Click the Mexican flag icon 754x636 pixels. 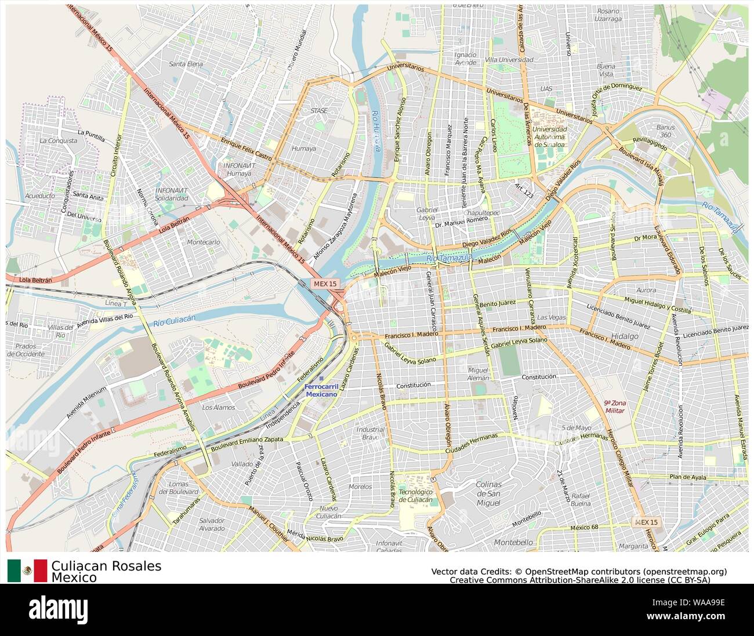(27, 570)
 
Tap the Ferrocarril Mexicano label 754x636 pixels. (321, 390)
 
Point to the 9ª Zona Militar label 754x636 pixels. (615, 406)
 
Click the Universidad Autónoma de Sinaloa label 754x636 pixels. (550, 136)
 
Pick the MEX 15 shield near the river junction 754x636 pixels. (324, 284)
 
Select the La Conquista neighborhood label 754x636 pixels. (58, 141)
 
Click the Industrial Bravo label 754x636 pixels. (370, 433)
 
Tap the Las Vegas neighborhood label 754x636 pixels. (551, 318)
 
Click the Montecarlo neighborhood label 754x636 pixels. (204, 242)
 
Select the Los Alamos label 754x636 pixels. (219, 408)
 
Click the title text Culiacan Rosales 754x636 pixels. (106, 566)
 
